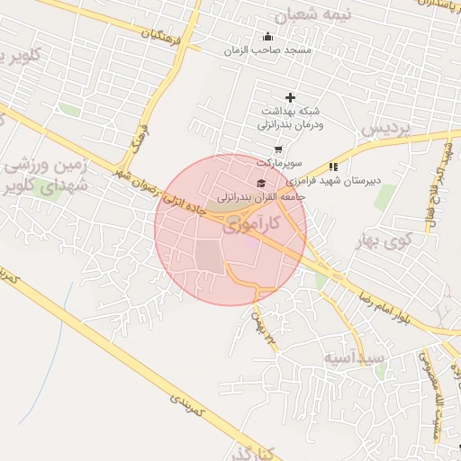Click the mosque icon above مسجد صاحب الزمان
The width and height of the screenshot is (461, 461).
(x=267, y=37)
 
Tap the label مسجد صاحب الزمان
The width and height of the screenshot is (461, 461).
(x=267, y=50)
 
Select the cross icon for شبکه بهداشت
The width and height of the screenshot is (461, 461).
(x=290, y=97)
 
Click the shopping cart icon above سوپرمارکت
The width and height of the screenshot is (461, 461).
(x=278, y=149)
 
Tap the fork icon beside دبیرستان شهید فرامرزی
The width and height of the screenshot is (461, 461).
(x=333, y=166)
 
